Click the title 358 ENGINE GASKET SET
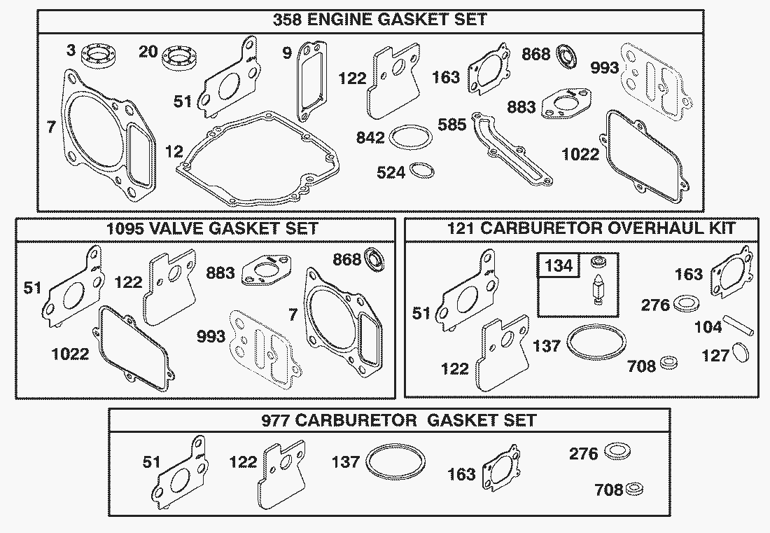click(x=370, y=19)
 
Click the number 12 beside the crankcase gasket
click(x=175, y=151)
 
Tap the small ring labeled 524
click(x=421, y=171)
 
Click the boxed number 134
click(x=559, y=265)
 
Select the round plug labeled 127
click(x=743, y=353)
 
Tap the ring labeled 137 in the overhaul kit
click(x=595, y=343)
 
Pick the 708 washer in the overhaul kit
click(x=669, y=362)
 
